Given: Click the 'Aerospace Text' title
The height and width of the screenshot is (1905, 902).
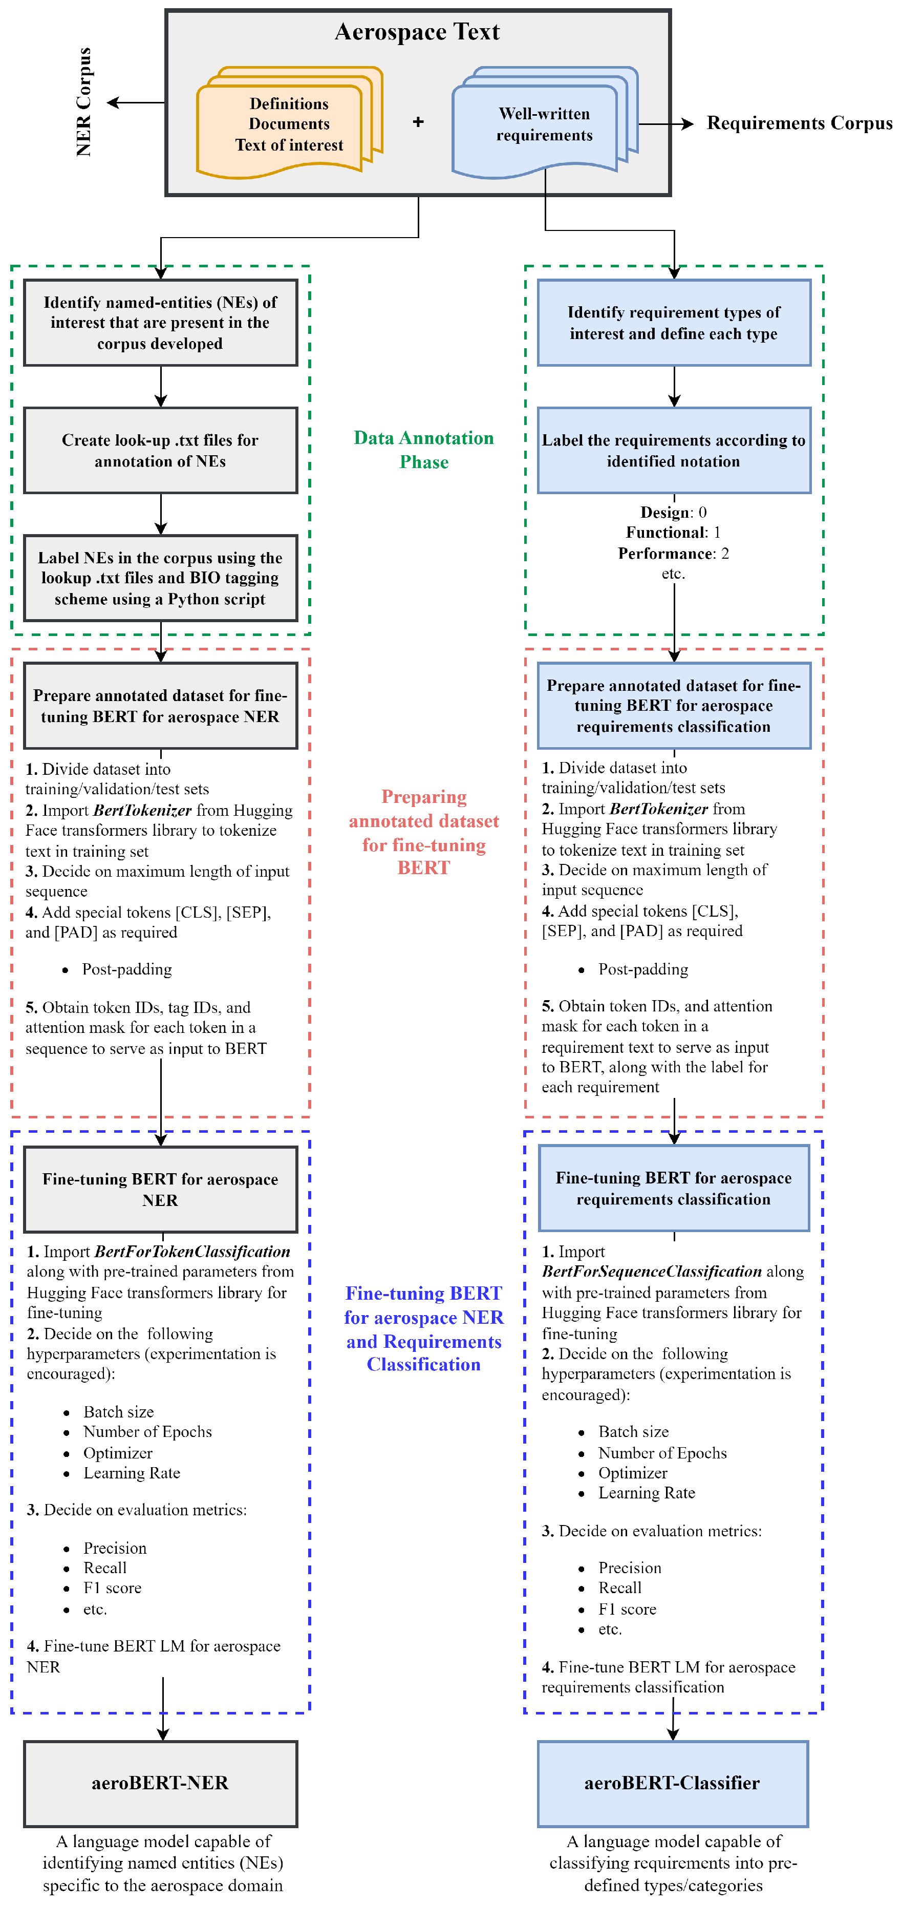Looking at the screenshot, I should [417, 32].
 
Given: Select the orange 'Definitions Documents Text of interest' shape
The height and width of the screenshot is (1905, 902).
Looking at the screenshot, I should [288, 124].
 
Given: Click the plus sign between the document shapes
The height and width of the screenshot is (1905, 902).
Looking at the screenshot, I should [418, 122].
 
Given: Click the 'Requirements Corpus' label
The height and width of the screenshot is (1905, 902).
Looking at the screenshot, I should [799, 123].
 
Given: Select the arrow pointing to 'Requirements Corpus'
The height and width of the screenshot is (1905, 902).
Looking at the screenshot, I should [665, 123].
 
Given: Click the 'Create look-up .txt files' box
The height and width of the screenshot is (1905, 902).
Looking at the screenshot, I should [160, 450].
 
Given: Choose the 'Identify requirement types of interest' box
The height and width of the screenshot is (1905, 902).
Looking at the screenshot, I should [674, 323].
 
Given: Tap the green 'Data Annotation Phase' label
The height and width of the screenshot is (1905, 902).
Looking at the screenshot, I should [424, 450].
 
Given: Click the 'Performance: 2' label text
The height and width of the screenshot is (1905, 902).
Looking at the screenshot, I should [673, 553].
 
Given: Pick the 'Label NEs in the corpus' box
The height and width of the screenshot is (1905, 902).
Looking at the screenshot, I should [160, 578].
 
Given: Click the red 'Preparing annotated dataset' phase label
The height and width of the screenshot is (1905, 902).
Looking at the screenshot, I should [424, 832].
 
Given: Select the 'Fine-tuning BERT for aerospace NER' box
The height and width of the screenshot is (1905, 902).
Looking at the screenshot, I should [160, 1189].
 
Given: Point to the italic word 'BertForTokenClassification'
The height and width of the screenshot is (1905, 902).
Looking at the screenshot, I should [192, 1251].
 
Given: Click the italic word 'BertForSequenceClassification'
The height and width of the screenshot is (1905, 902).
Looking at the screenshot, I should [651, 1271].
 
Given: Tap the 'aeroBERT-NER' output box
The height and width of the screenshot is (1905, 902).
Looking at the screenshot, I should [160, 1783].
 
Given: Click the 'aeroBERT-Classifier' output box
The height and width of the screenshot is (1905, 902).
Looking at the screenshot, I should [672, 1783].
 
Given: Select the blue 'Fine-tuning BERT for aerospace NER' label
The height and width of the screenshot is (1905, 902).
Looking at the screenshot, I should [424, 1328].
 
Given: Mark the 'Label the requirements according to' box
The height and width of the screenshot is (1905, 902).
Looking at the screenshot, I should [674, 450].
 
